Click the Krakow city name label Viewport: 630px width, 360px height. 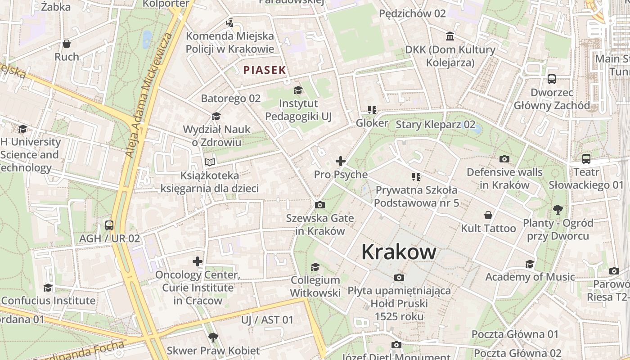(399, 252)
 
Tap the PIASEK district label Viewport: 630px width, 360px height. (265, 70)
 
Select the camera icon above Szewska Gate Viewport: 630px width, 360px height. (320, 205)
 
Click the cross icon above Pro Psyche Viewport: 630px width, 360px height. (341, 161)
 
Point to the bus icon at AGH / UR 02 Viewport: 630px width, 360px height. (109, 225)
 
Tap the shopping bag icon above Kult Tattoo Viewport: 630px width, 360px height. (488, 215)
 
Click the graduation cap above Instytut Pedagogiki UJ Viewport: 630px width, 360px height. (298, 90)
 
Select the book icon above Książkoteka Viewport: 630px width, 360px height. (210, 162)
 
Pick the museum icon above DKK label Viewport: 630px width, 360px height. (450, 36)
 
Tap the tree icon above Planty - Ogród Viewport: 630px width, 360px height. (558, 209)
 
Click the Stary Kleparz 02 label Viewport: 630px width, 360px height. (435, 124)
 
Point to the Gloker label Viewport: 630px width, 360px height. (372, 123)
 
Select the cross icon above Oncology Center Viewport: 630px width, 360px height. (198, 261)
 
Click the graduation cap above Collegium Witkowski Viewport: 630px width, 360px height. (315, 267)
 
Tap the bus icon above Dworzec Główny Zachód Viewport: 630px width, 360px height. (552, 79)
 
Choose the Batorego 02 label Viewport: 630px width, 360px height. (230, 98)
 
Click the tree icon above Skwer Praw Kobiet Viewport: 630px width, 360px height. (213, 337)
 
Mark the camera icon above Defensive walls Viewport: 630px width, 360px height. (504, 159)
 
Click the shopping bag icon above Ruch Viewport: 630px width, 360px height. (67, 44)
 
